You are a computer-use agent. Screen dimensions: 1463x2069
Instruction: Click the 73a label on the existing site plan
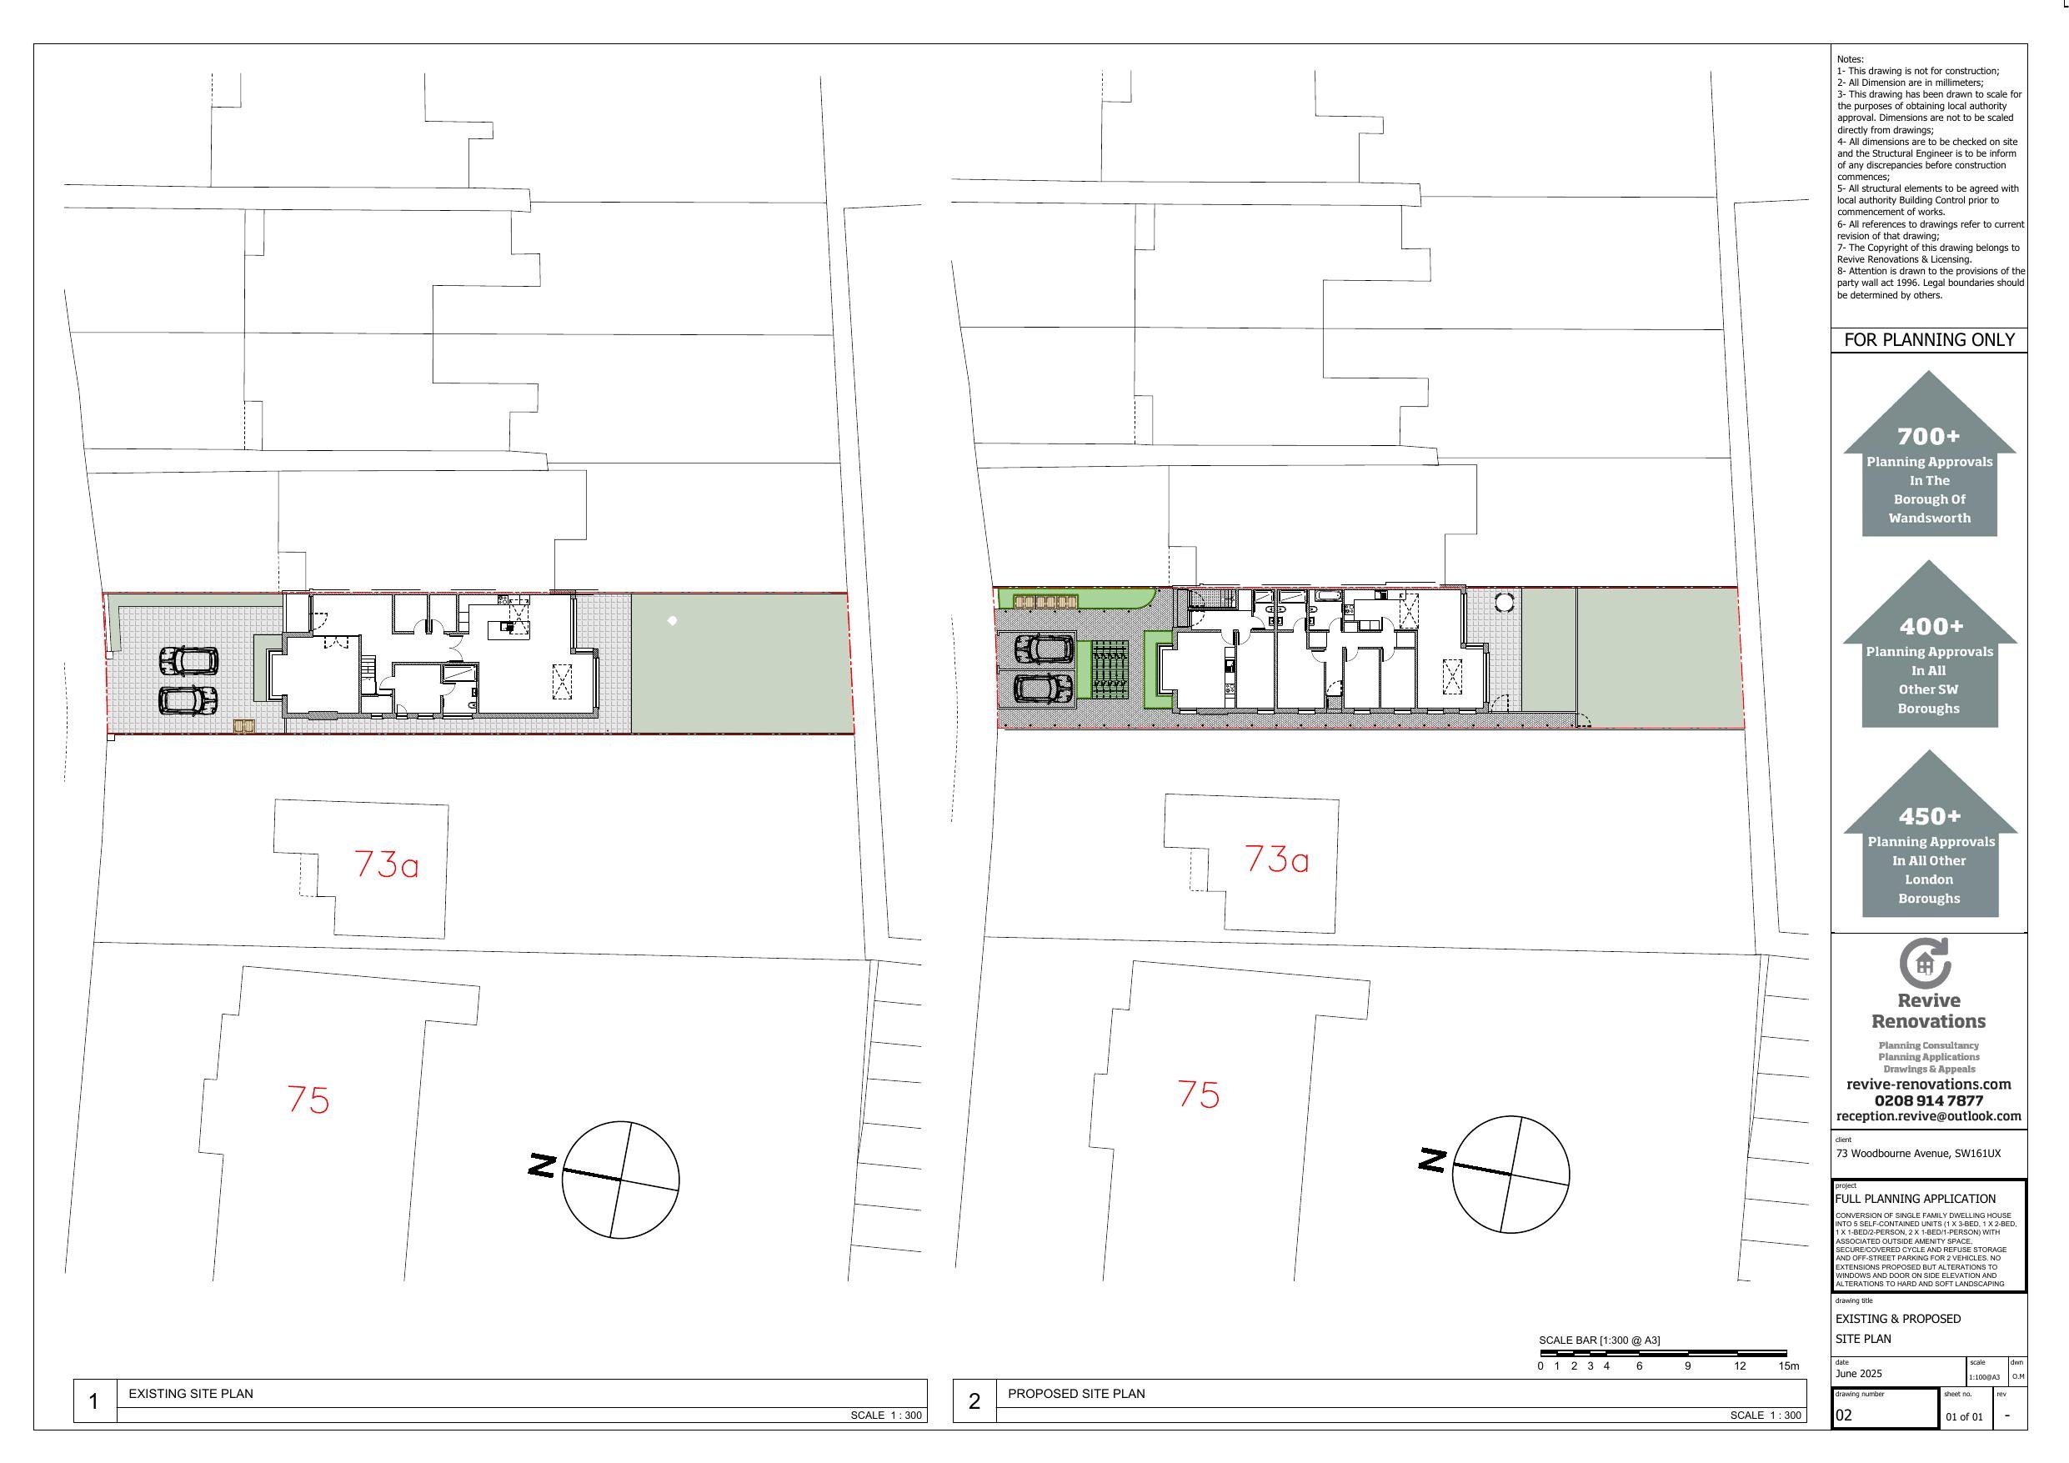point(387,864)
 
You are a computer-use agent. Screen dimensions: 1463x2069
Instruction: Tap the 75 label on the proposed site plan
point(1199,1095)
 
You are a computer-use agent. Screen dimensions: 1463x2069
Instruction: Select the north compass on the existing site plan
point(620,1179)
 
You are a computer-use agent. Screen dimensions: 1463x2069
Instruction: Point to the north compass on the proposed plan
point(1510,1174)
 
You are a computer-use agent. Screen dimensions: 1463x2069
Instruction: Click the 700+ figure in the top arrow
point(1928,436)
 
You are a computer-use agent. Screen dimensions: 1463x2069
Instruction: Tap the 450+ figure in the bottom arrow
point(1929,817)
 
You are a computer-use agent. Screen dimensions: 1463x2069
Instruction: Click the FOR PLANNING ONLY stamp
point(1929,340)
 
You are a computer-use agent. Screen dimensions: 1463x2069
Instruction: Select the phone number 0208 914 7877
point(1928,1100)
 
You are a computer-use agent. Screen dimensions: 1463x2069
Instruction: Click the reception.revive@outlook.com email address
point(1928,1116)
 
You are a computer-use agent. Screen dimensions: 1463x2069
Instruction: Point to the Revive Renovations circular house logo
point(1926,963)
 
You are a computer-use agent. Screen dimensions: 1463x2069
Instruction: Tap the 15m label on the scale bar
point(1789,1365)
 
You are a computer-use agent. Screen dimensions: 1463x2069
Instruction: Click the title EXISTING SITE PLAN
point(191,1394)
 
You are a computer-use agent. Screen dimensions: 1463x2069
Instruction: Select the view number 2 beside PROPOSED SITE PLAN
point(974,1401)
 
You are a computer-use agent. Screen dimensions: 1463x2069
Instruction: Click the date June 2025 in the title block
point(1859,1374)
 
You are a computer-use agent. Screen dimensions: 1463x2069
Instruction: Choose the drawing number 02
point(1844,1415)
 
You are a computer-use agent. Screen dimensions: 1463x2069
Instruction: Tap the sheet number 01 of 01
point(1965,1417)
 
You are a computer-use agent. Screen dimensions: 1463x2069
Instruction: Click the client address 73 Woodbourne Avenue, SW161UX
point(1918,1154)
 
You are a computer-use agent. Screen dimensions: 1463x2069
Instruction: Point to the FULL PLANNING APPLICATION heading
point(1916,1199)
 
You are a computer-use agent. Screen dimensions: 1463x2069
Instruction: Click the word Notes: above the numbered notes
point(1851,59)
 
